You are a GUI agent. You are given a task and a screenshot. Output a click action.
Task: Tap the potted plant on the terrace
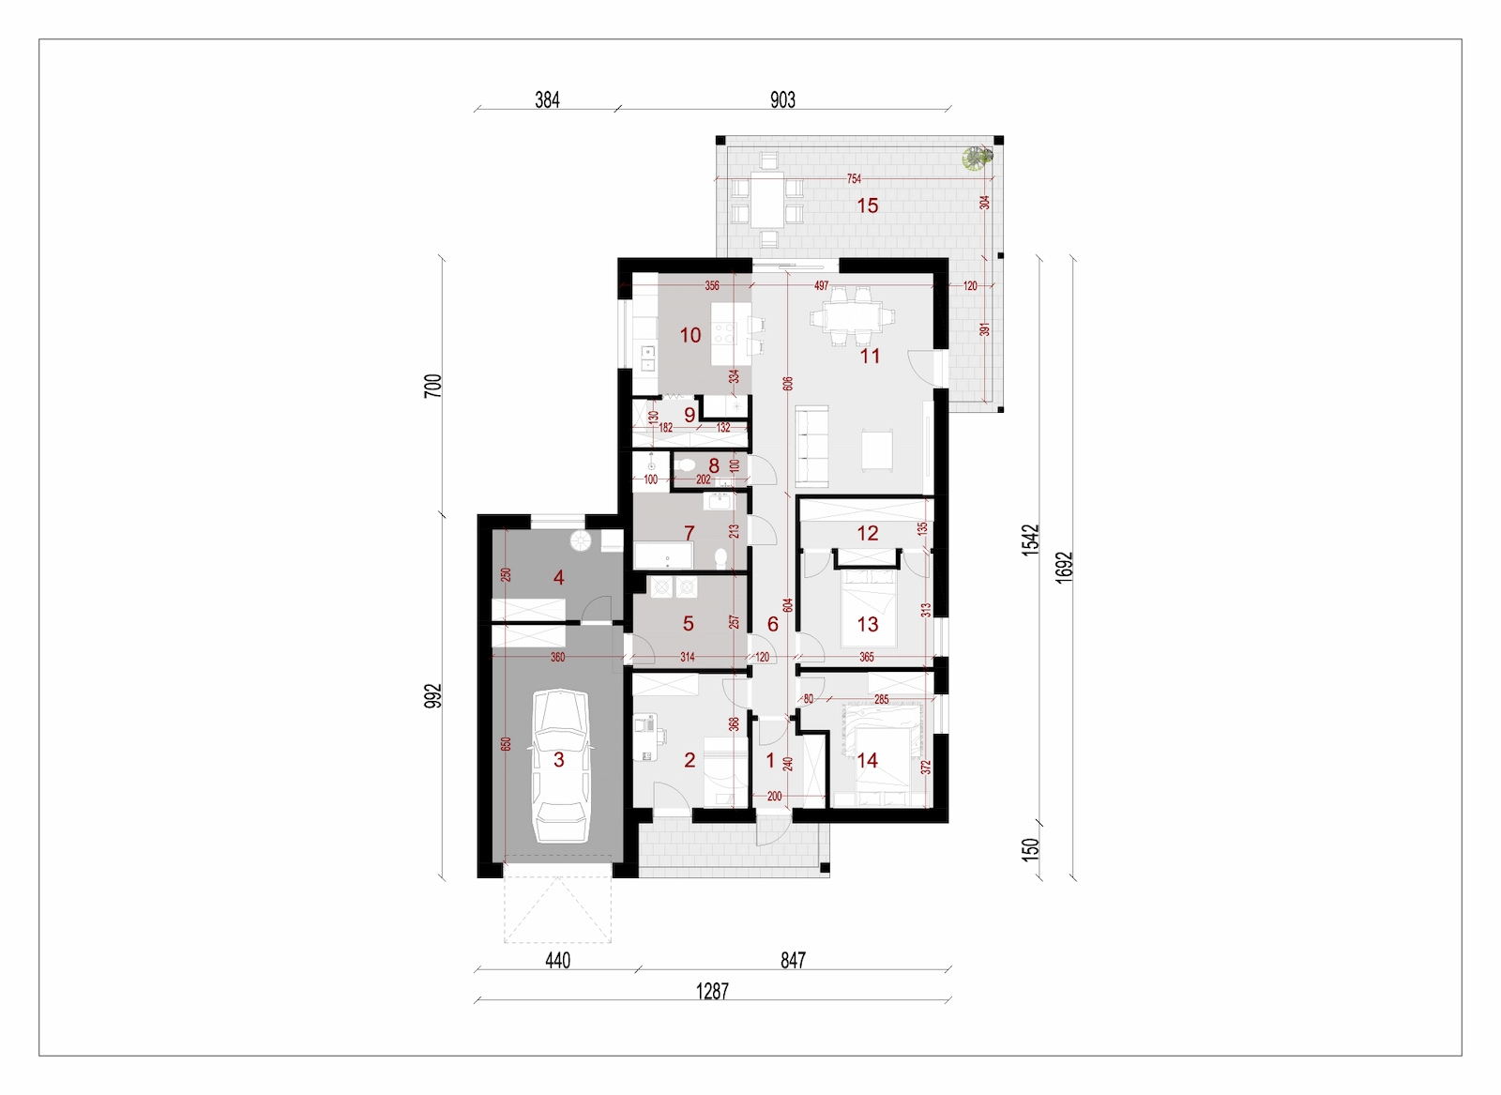977,159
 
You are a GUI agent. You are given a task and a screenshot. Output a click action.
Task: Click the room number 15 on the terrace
867,205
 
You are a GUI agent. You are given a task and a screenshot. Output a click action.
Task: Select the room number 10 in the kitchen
690,335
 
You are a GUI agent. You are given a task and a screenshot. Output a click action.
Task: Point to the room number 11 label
870,356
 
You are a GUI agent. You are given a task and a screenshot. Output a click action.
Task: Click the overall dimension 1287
712,991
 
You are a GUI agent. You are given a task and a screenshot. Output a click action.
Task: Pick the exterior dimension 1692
1064,567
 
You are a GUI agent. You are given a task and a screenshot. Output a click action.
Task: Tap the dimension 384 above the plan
547,99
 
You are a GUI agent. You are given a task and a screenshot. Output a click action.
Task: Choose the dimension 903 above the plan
782,99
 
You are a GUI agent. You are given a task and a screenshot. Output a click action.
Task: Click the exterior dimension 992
433,695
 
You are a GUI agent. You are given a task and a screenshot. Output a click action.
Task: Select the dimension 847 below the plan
792,960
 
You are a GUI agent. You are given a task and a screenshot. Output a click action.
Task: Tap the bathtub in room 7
663,555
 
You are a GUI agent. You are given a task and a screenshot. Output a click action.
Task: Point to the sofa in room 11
812,445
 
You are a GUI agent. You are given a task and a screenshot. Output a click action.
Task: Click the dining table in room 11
852,316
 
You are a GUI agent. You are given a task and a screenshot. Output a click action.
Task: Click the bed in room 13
869,608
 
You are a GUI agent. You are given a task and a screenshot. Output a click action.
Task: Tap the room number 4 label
558,577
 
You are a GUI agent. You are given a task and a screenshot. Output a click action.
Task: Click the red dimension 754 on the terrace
854,179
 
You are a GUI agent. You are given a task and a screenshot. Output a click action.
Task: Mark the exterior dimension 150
1031,849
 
